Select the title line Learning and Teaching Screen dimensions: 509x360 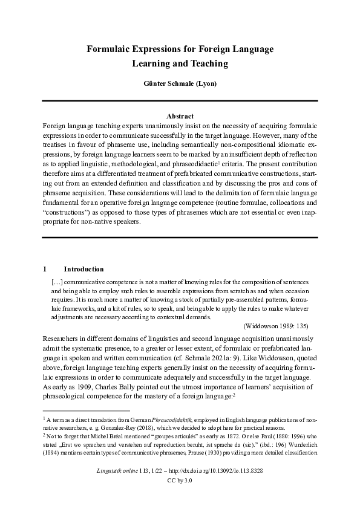coord(180,63)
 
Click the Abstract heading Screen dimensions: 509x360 coord(180,116)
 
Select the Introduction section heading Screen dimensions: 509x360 coord(83,269)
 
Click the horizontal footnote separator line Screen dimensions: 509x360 coord(78,410)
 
